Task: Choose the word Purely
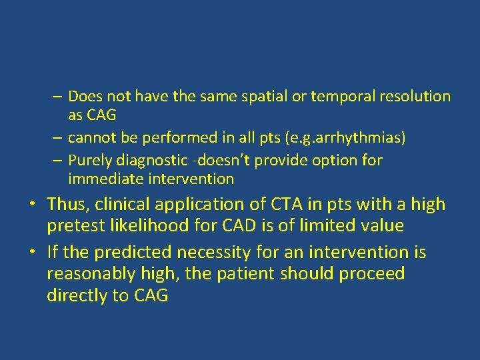[x=90, y=161]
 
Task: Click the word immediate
[x=100, y=179]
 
